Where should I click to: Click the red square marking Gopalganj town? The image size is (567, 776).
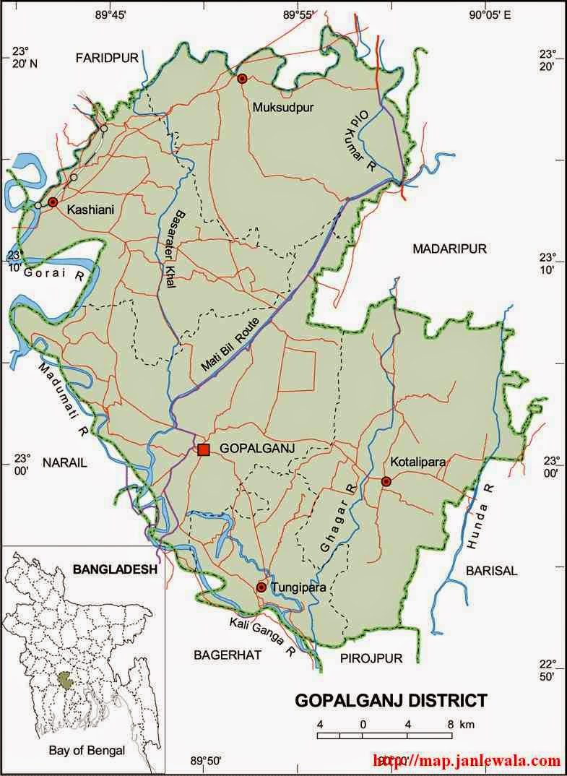pos(204,450)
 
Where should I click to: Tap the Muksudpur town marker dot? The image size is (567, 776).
pos(243,78)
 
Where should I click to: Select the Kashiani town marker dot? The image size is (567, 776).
pos(53,202)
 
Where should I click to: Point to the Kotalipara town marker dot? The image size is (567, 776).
pos(386,481)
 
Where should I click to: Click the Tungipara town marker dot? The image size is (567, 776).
pos(261,587)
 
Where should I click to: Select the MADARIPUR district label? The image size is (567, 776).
pos(449,249)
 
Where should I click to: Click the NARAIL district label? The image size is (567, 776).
pos(64,463)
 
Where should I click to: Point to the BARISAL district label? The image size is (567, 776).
pos(491,570)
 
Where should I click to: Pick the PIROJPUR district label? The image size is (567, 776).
pos(371,658)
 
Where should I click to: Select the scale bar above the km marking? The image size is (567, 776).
pos(385,735)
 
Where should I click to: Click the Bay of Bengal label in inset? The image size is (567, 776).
pos(87,750)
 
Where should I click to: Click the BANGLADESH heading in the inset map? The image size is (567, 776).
pos(115,569)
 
